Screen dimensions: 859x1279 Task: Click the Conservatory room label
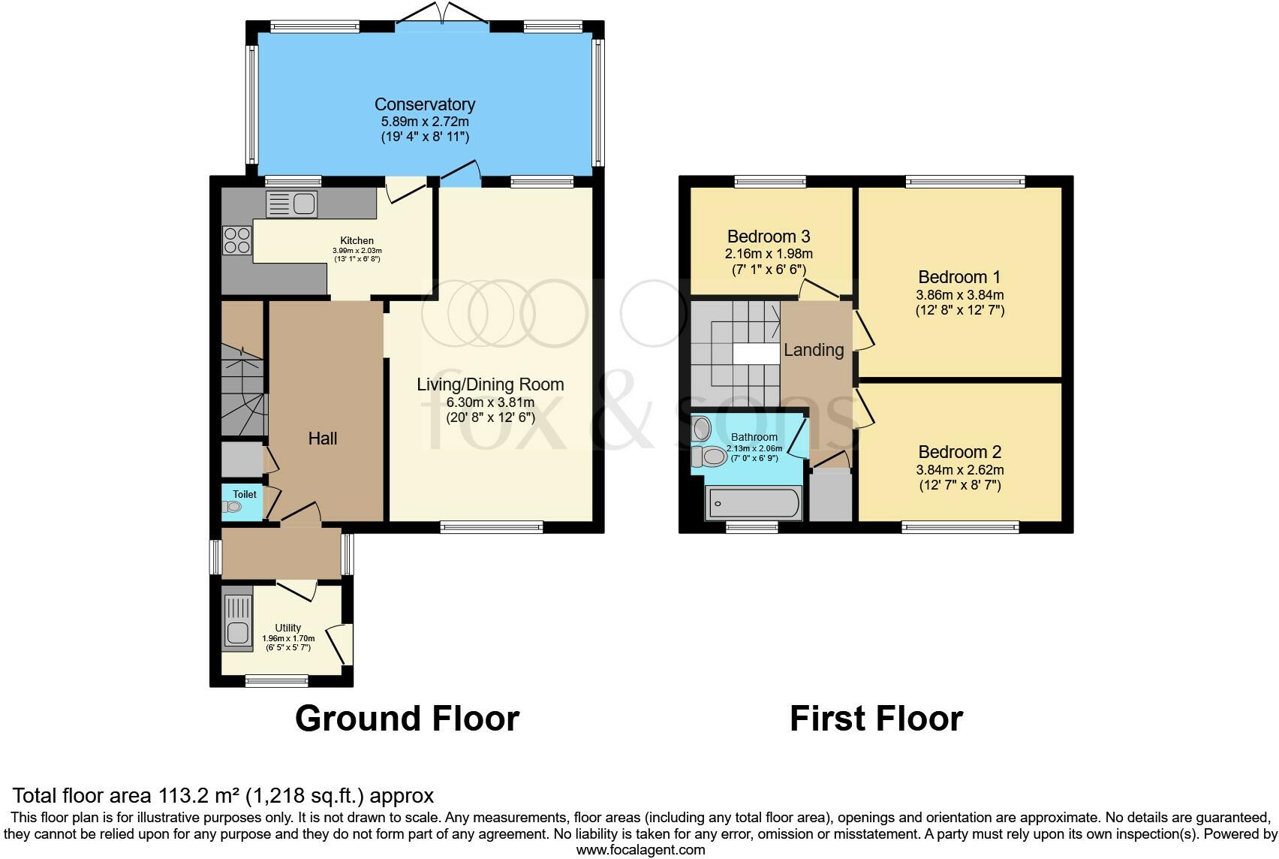425,104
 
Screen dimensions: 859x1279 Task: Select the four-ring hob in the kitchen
236,240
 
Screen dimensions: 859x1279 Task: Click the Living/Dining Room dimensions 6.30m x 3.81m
490,402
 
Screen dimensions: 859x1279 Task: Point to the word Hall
323,439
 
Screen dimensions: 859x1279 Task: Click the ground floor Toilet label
245,494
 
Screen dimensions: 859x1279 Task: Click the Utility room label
288,628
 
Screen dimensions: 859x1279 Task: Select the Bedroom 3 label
769,237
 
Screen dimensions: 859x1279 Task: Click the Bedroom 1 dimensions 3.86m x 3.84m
959,295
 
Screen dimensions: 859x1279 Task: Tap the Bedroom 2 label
959,452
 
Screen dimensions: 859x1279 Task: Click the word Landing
814,350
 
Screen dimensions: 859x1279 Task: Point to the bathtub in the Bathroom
754,503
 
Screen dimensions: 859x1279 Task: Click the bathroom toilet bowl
709,456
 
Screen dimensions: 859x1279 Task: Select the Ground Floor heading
407,719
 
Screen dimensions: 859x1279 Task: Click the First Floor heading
876,719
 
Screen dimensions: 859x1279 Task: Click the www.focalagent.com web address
640,850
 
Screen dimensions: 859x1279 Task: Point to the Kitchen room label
357,241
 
